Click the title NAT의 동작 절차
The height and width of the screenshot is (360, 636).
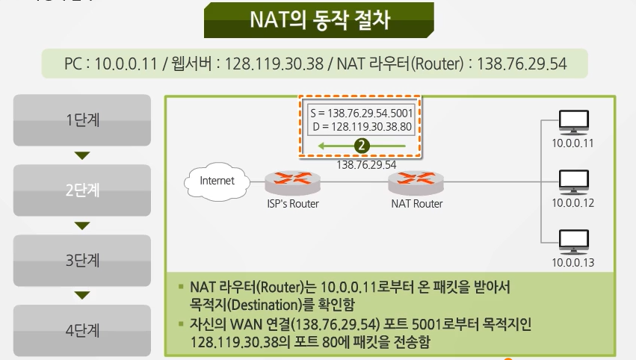(319, 19)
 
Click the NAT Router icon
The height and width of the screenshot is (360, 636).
(416, 181)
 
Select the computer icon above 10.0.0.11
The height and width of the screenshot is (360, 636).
(573, 121)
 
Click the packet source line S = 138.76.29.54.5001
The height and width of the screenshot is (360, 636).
(361, 113)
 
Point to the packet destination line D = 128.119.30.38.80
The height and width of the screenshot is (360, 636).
(362, 126)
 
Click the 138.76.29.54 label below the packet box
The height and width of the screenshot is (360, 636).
(366, 164)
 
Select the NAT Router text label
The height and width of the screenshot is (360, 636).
(417, 204)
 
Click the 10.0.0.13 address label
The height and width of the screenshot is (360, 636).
(573, 262)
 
